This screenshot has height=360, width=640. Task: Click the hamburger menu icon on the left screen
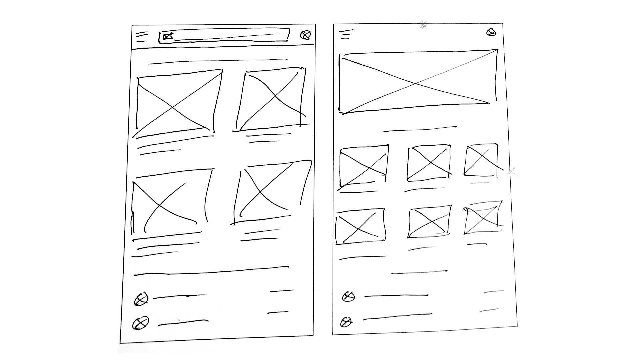pyautogui.click(x=142, y=37)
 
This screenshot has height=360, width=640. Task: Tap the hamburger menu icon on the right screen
pyautogui.click(x=346, y=34)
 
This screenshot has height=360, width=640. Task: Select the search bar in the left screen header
pyautogui.click(x=224, y=36)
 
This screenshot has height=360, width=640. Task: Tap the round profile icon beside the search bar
pyautogui.click(x=305, y=35)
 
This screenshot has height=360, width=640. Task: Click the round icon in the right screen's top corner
pyautogui.click(x=491, y=32)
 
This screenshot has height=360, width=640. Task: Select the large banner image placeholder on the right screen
pyautogui.click(x=418, y=82)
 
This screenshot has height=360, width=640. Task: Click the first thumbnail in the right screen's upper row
pyautogui.click(x=364, y=165)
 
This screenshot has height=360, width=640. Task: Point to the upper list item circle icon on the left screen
pyautogui.click(x=141, y=299)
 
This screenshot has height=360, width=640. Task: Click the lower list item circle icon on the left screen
pyautogui.click(x=140, y=323)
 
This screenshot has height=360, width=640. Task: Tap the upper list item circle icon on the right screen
pyautogui.click(x=349, y=296)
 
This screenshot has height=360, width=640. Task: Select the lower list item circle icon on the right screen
pyautogui.click(x=346, y=322)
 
